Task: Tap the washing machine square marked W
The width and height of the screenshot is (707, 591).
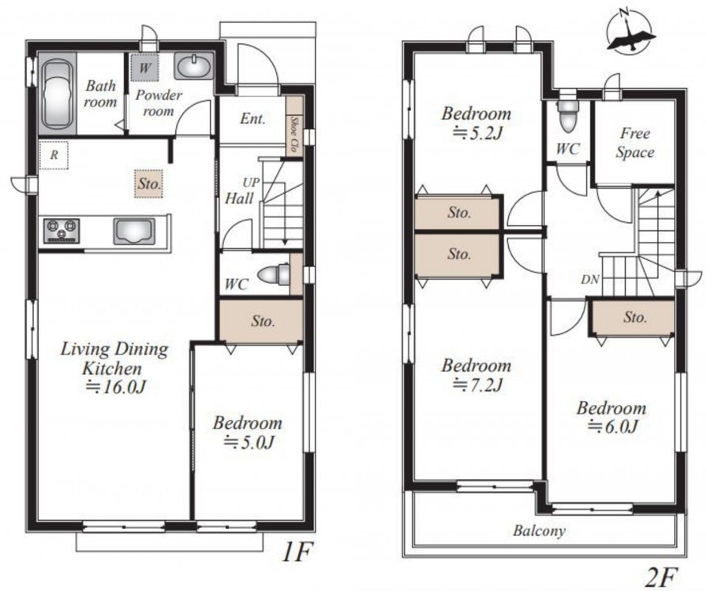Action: [144, 68]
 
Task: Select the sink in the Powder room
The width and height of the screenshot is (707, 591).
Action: [193, 67]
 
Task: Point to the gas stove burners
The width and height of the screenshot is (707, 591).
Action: [62, 231]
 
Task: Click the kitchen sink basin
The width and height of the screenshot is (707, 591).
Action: [134, 232]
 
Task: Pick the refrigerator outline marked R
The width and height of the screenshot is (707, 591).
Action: [54, 155]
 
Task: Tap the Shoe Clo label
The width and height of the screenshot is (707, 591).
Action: [294, 134]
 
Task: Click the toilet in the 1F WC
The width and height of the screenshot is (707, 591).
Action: [273, 274]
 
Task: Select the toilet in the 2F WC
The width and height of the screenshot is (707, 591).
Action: [567, 116]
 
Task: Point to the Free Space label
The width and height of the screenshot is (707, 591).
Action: [635, 143]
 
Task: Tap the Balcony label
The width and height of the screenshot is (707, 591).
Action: [539, 530]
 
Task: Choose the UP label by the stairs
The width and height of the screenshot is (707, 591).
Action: [251, 183]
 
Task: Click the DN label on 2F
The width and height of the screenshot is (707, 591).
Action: [590, 280]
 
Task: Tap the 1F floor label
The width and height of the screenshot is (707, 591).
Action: [296, 552]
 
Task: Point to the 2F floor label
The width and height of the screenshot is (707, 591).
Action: [663, 578]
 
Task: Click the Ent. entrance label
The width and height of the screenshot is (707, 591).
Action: [252, 119]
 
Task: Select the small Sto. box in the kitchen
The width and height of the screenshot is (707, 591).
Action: [149, 184]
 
